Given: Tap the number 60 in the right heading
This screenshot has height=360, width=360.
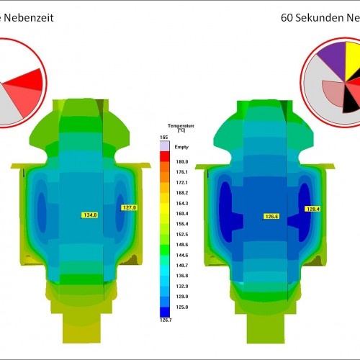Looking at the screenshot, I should [x=288, y=14].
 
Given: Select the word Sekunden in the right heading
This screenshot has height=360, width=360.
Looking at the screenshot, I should [x=318, y=14].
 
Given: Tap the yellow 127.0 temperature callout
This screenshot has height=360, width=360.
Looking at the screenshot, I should [x=130, y=207].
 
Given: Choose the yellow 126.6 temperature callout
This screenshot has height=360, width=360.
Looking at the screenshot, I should [x=271, y=215].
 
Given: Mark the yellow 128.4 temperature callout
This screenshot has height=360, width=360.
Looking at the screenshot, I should [x=312, y=209].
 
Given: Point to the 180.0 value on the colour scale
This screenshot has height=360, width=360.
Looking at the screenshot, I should [x=182, y=162].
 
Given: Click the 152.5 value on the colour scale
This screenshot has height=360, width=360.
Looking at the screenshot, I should [x=182, y=234].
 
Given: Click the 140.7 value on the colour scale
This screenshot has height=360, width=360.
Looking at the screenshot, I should [x=182, y=265].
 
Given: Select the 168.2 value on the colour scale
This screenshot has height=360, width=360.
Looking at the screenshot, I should [x=182, y=193].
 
